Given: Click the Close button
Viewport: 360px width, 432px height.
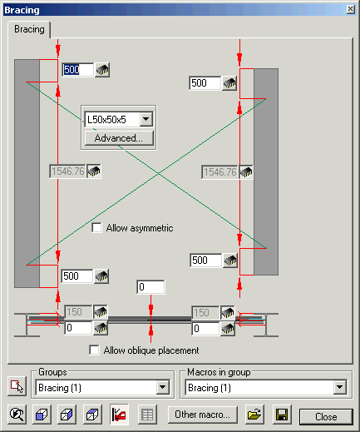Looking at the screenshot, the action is (x=326, y=417).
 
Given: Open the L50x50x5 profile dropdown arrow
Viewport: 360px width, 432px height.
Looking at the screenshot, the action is (x=146, y=119).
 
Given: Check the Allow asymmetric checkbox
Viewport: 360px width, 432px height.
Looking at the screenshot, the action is (x=96, y=228).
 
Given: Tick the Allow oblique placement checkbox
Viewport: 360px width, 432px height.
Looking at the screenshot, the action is (x=94, y=350).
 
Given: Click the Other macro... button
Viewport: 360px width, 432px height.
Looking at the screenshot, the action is (x=203, y=415).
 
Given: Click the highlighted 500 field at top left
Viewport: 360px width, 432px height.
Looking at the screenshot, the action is (x=78, y=69).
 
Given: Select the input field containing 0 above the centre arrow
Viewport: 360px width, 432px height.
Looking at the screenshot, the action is (x=150, y=287).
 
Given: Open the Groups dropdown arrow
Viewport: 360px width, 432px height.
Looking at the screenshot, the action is (x=163, y=387).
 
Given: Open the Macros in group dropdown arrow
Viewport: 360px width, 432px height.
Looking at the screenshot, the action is (x=340, y=387).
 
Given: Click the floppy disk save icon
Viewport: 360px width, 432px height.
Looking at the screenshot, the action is (x=282, y=415).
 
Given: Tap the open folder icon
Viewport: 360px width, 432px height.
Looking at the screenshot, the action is (x=254, y=415).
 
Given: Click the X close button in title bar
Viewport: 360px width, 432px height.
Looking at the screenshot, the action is (x=351, y=9).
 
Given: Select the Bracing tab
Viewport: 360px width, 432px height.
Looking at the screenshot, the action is (x=29, y=29).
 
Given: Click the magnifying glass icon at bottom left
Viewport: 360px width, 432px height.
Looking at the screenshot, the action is (x=17, y=415).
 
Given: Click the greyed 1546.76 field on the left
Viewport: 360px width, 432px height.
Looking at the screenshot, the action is (x=67, y=171).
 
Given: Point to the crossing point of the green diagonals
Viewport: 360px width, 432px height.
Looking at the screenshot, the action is (x=158, y=173).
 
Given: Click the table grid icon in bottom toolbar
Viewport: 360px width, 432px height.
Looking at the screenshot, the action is (x=147, y=415).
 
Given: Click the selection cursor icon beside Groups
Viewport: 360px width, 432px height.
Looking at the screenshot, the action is (x=17, y=386).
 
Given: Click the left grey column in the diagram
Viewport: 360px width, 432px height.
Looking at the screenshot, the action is (x=27, y=173).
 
